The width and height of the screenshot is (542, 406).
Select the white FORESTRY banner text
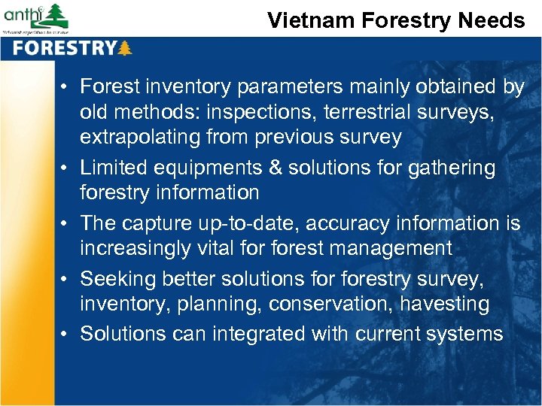[x=64, y=49]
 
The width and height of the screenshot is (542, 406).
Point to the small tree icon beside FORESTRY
[x=124, y=49]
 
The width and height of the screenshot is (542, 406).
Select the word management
[x=392, y=248]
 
